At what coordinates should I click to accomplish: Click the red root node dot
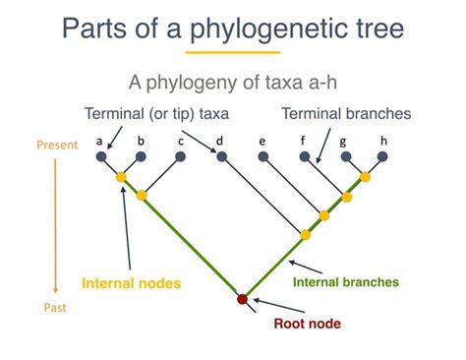click(244, 299)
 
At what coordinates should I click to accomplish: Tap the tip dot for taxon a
click(101, 156)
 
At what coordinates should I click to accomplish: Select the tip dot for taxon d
click(221, 156)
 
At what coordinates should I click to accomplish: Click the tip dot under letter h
click(384, 156)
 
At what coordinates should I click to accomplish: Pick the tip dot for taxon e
click(263, 156)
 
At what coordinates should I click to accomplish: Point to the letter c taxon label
click(181, 141)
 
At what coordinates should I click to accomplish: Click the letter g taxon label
click(343, 141)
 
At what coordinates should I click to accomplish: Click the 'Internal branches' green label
click(346, 281)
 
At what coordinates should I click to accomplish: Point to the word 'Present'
click(57, 145)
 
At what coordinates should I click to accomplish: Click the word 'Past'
click(56, 308)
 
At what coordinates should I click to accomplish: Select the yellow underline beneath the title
click(233, 52)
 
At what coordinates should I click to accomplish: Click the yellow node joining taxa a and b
click(122, 178)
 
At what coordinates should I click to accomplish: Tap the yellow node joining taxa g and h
click(365, 177)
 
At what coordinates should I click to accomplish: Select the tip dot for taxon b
click(142, 156)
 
